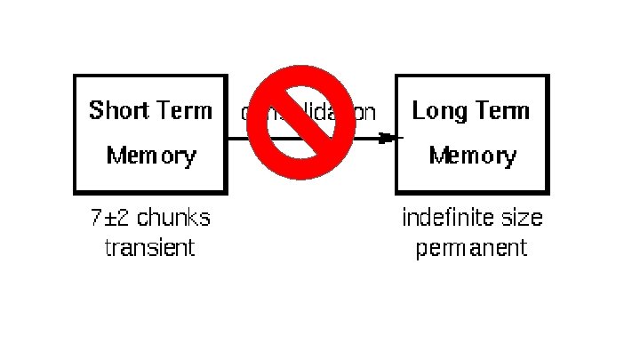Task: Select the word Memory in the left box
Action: (151, 156)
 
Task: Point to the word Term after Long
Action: (500, 111)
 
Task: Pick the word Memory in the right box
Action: (472, 156)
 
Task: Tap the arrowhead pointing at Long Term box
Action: (386, 138)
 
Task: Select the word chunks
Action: (175, 218)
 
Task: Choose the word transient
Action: (149, 246)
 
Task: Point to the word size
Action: (523, 218)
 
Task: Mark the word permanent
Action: (472, 246)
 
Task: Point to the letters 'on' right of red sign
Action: (365, 113)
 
